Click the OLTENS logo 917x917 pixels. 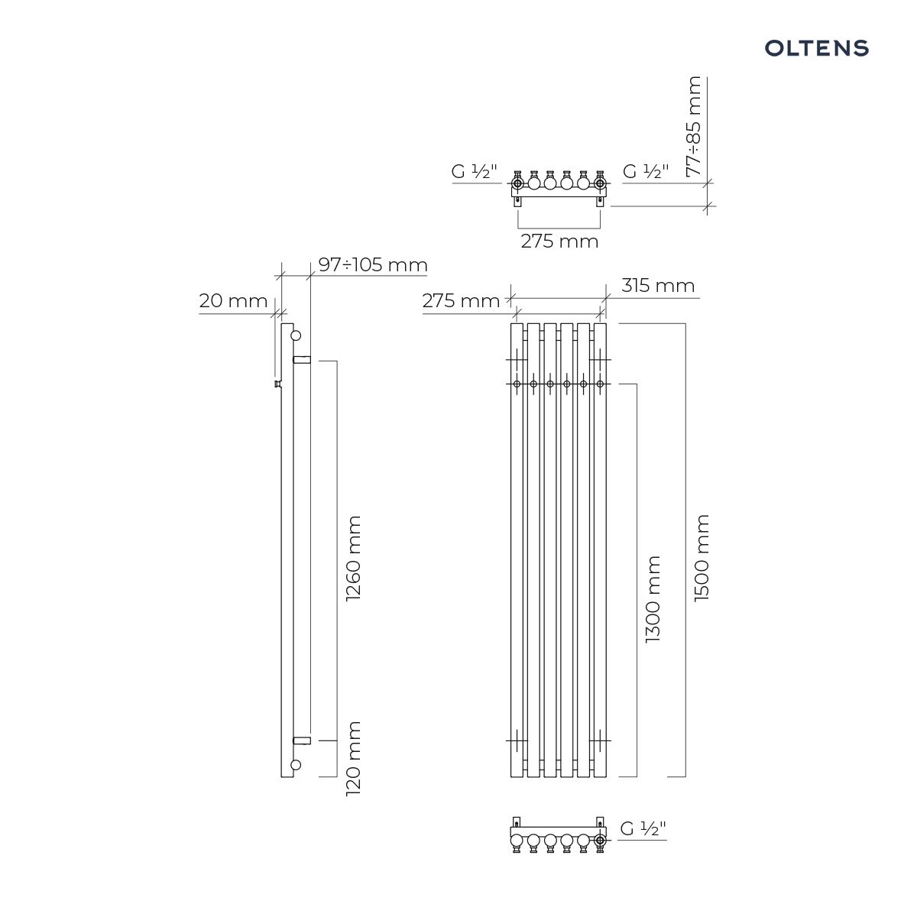click(x=816, y=48)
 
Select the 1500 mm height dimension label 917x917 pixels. click(x=702, y=558)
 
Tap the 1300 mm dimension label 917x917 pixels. click(x=653, y=600)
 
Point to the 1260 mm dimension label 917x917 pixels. click(x=354, y=558)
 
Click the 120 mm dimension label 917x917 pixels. click(x=354, y=759)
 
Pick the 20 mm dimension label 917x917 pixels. click(x=233, y=301)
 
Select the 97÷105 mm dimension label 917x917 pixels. click(x=373, y=264)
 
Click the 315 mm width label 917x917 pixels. click(x=658, y=286)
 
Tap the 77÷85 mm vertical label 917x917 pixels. click(x=694, y=127)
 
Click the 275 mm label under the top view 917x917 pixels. click(x=559, y=241)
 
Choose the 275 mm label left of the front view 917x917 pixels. click(x=461, y=301)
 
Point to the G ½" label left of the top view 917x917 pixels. click(x=474, y=171)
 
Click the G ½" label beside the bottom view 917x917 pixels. click(x=643, y=828)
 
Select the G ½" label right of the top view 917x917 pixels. click(x=646, y=171)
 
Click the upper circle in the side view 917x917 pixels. click(x=296, y=335)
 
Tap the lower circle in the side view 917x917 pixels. click(x=296, y=765)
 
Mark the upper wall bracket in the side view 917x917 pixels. click(x=302, y=360)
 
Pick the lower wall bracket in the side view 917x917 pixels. click(x=302, y=740)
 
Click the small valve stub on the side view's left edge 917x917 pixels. click(x=278, y=384)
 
